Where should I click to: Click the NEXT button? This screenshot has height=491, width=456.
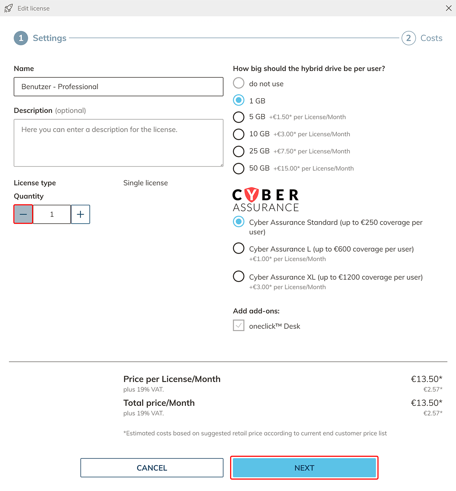tap(304, 468)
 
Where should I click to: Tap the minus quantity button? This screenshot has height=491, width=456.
tap(23, 214)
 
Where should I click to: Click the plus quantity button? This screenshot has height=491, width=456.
tap(81, 214)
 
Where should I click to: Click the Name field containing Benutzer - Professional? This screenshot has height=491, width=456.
tap(118, 87)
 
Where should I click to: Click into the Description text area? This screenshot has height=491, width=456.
tap(118, 143)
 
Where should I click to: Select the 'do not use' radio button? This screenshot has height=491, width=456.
tap(239, 83)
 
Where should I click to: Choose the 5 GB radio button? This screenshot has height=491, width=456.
tap(239, 117)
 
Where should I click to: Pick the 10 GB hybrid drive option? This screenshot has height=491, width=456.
tap(239, 134)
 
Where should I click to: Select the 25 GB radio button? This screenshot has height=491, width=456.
tap(239, 151)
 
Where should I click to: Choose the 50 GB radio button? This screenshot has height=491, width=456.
tap(239, 168)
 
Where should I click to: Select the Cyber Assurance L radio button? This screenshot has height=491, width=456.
tap(239, 248)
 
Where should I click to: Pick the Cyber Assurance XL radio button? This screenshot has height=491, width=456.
tap(239, 276)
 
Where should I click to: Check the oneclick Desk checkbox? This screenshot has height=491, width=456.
tap(239, 325)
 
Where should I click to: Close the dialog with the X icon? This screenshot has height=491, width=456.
tap(449, 8)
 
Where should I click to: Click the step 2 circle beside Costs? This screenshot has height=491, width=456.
tap(409, 38)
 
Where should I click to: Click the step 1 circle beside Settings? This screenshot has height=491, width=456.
tap(21, 38)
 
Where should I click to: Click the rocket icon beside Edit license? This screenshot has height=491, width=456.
tap(9, 8)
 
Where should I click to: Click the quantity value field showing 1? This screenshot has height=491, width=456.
tap(52, 214)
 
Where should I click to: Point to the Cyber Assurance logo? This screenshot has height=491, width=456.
tap(266, 200)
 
